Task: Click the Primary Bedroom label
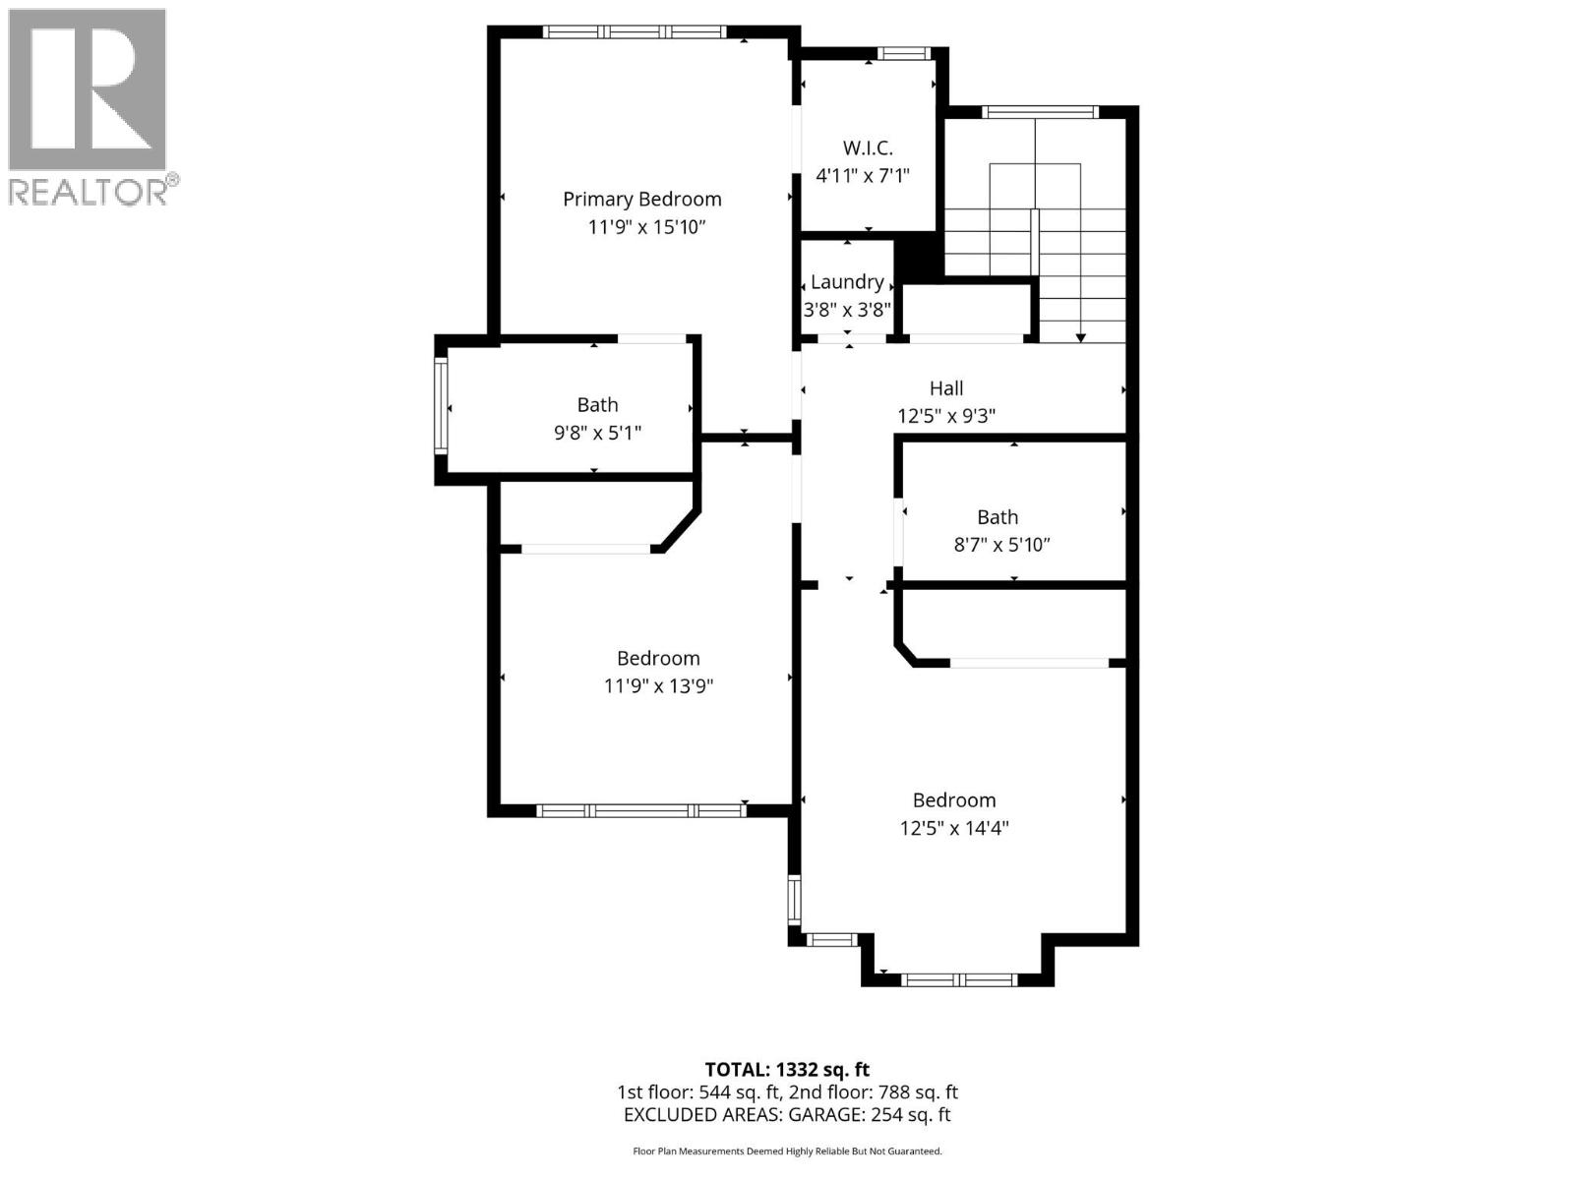(x=641, y=199)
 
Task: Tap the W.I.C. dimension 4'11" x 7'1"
(x=863, y=176)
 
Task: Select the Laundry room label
(x=846, y=282)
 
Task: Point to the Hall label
(x=946, y=388)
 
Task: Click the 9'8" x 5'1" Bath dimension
(x=597, y=433)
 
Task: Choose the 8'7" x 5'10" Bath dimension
(x=1001, y=545)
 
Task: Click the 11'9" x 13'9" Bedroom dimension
(x=658, y=686)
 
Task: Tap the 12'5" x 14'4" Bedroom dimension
(x=954, y=828)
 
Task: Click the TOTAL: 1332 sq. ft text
(x=787, y=1069)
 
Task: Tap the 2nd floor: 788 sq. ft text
(x=874, y=1091)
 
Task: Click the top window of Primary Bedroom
(x=635, y=31)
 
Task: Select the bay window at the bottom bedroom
(x=958, y=979)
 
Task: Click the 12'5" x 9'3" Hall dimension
(x=946, y=416)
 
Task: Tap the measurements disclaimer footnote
(x=787, y=1150)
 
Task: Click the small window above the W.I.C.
(x=903, y=54)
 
